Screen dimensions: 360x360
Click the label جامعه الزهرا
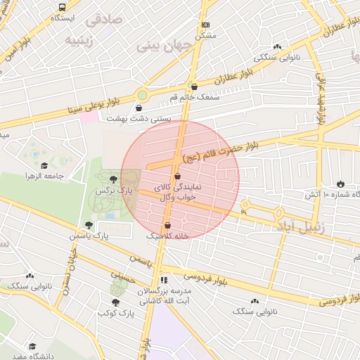(65, 174)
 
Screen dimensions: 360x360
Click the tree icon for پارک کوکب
(115, 302)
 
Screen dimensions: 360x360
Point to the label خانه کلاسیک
(167, 236)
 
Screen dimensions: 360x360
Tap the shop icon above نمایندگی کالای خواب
(176, 176)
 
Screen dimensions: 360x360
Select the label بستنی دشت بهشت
(139, 118)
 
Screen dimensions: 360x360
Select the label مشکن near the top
(205, 34)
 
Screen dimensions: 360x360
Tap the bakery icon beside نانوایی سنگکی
(278, 47)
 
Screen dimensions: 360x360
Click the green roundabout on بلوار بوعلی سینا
(143, 94)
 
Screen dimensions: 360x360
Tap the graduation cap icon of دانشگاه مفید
(32, 345)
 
